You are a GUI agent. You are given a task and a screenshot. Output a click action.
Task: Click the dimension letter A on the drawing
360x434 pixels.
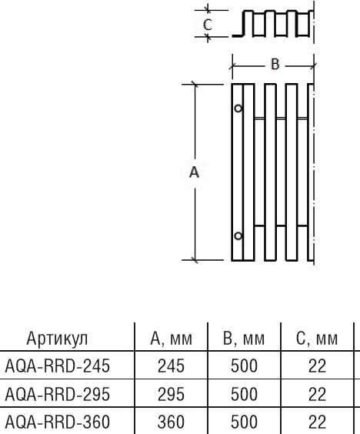(x=194, y=173)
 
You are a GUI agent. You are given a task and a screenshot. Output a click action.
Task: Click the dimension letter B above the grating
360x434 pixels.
(x=275, y=65)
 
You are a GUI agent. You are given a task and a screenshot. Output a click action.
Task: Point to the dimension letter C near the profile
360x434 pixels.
(x=207, y=25)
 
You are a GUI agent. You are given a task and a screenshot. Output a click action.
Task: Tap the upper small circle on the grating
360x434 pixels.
(x=238, y=109)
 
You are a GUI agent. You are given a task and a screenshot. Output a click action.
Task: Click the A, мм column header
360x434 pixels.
(x=171, y=339)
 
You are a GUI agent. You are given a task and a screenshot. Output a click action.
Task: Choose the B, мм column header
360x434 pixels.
(x=244, y=339)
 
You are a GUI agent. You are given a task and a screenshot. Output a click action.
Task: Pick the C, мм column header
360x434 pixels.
(x=317, y=339)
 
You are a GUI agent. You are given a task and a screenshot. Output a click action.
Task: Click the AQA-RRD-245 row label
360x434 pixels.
(x=58, y=366)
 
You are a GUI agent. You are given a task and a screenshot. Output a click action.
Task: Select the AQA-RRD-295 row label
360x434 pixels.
(x=58, y=394)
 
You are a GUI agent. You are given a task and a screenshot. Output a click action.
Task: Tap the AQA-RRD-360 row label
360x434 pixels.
(x=58, y=422)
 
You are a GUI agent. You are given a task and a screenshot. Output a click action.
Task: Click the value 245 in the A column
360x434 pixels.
(x=171, y=366)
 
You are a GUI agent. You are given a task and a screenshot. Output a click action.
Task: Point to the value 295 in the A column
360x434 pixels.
(x=171, y=394)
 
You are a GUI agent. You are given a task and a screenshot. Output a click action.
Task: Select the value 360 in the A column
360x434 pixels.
(x=171, y=422)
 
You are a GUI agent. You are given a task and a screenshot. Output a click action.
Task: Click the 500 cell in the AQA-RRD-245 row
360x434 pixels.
(x=244, y=366)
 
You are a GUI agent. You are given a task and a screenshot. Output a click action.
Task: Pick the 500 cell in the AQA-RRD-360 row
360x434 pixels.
(x=244, y=422)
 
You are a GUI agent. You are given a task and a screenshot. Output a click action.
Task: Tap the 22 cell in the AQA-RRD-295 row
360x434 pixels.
(x=317, y=394)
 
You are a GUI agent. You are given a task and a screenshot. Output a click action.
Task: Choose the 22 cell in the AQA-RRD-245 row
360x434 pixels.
(x=317, y=366)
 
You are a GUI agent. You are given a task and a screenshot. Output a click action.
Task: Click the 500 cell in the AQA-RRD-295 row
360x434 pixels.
(x=244, y=394)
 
